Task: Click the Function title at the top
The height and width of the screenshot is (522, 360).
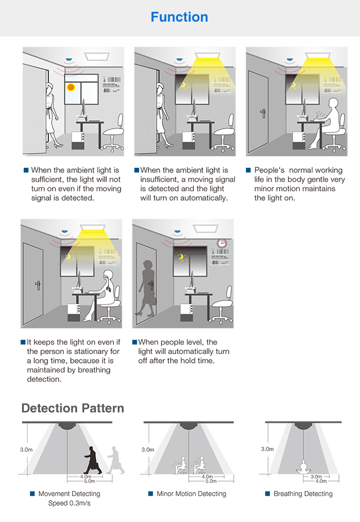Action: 179,17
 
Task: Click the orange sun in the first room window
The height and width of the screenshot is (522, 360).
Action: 71,88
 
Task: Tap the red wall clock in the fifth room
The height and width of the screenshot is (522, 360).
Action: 222,243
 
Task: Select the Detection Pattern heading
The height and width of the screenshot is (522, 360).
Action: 73,408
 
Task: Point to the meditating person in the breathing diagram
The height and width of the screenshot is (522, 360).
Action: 302,464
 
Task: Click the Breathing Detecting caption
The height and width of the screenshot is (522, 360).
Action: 303,494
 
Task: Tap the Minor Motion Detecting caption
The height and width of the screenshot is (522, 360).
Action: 191,494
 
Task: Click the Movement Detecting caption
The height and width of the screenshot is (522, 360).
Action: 69,494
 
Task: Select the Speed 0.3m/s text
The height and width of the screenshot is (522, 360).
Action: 69,504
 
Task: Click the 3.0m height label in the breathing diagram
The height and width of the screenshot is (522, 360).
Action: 267,449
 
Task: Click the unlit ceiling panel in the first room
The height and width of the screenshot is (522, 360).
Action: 97,56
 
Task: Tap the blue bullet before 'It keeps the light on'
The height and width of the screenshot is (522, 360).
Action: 23,342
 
